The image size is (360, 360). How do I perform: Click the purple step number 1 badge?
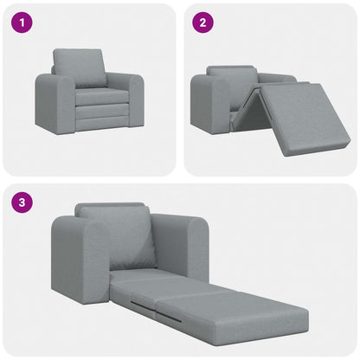tap(19, 22)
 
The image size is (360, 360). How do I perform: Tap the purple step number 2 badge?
tap(202, 22)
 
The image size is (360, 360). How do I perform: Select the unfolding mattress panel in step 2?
tap(303, 116)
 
